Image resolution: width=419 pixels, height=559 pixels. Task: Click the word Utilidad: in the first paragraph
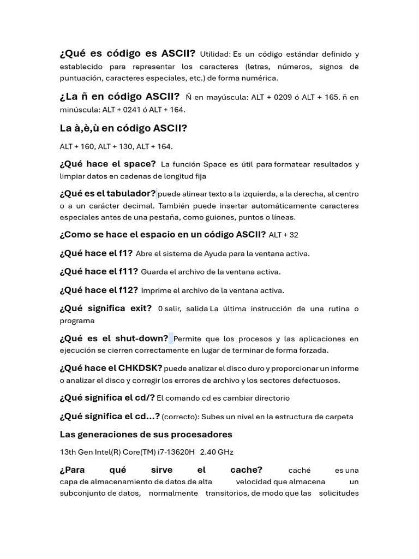pyautogui.click(x=216, y=54)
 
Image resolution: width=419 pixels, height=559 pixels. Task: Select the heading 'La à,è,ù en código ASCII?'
pyautogui.click(x=123, y=128)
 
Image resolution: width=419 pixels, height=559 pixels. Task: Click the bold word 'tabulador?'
pyautogui.click(x=131, y=193)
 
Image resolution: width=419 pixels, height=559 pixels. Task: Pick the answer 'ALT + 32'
pyautogui.click(x=284, y=235)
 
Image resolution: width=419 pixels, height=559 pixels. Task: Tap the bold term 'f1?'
pyautogui.click(x=125, y=253)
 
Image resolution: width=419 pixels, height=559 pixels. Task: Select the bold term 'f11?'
pyautogui.click(x=128, y=271)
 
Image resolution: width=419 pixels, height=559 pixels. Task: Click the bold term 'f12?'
pyautogui.click(x=128, y=290)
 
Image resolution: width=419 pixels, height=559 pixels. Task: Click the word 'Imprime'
pyautogui.click(x=155, y=290)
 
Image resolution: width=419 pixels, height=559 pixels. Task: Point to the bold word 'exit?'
pyautogui.click(x=141, y=308)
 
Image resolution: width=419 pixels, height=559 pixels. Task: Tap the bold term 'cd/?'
pyautogui.click(x=145, y=397)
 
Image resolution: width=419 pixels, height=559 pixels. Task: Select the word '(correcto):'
pyautogui.click(x=181, y=417)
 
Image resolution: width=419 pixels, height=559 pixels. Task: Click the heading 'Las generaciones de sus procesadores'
pyautogui.click(x=146, y=435)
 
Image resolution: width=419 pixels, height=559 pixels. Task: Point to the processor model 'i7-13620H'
pyautogui.click(x=176, y=452)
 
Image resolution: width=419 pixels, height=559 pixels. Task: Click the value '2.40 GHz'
pyautogui.click(x=217, y=452)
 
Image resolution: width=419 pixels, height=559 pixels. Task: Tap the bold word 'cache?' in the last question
pyautogui.click(x=246, y=469)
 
